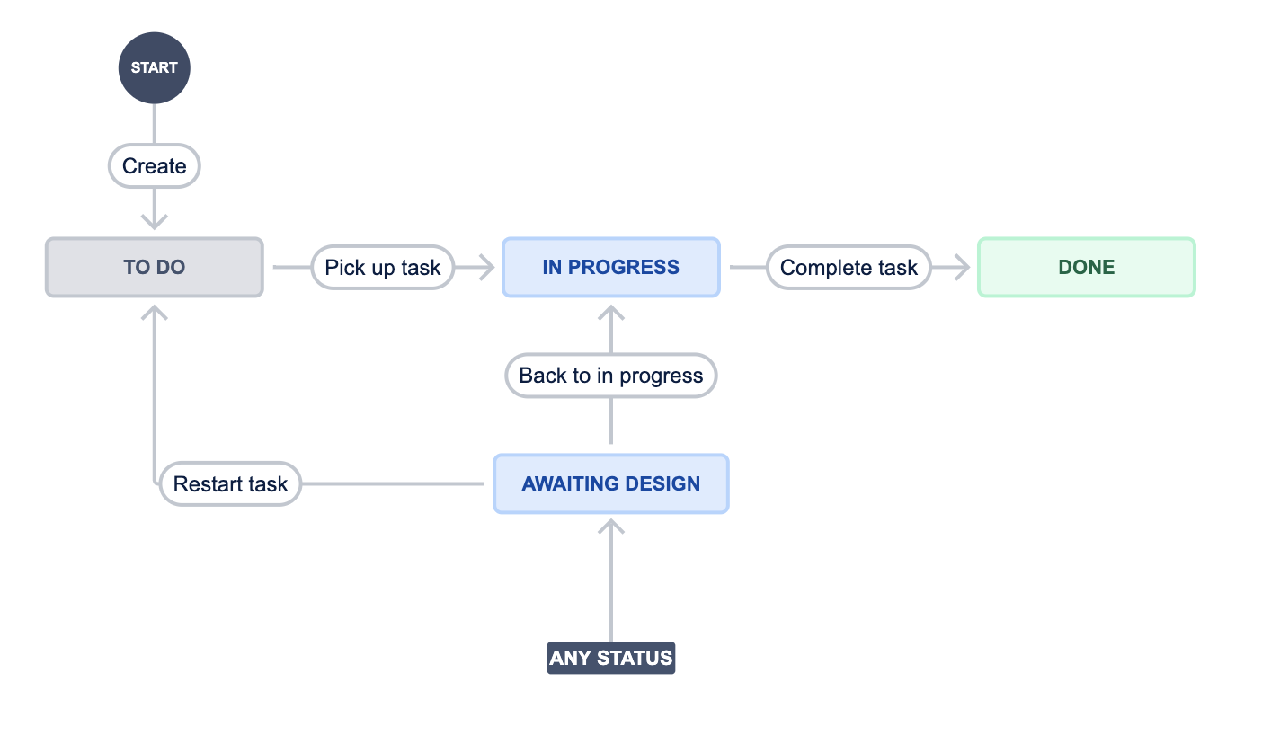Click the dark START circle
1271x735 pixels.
click(155, 68)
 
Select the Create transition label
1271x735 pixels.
click(155, 165)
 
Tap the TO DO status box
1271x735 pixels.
click(155, 267)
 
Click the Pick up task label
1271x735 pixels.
click(382, 267)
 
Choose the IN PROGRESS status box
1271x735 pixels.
click(611, 267)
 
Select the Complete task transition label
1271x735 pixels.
click(849, 267)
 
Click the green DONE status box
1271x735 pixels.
click(1087, 267)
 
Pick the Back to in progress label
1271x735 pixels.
click(611, 376)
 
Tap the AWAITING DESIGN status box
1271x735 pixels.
click(611, 483)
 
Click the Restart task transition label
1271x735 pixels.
click(230, 483)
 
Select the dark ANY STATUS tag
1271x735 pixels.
click(611, 658)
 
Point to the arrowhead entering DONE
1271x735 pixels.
click(963, 267)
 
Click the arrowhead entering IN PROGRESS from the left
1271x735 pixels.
click(487, 267)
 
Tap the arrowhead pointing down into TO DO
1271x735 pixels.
click(155, 222)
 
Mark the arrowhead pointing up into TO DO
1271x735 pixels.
click(155, 313)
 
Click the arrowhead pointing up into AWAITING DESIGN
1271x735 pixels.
click(611, 527)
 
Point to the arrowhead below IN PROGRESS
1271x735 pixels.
click(611, 313)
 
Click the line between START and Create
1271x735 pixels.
click(155, 124)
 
